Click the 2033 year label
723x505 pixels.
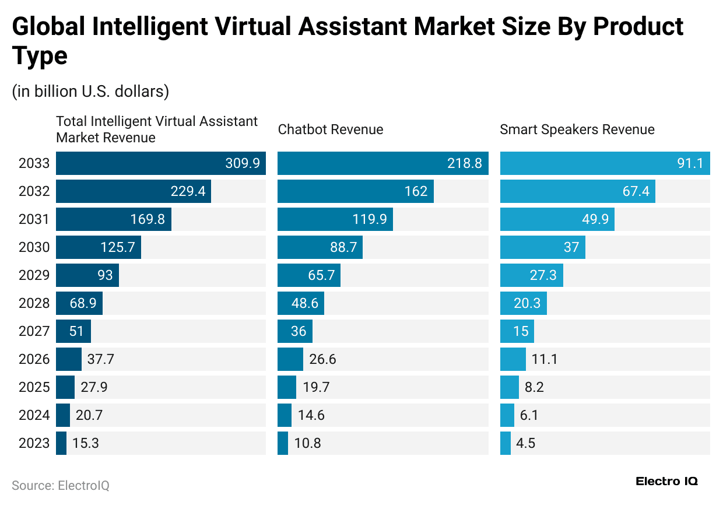(x=34, y=163)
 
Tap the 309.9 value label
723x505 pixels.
(x=243, y=163)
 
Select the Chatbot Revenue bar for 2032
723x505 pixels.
(x=355, y=191)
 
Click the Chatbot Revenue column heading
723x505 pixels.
(x=331, y=129)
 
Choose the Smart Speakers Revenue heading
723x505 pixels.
(x=577, y=129)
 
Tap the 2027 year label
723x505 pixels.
(x=34, y=331)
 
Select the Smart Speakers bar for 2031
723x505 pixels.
(x=557, y=219)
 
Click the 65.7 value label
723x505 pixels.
(x=321, y=275)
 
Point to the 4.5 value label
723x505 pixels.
(x=525, y=443)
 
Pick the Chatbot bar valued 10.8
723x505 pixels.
(x=283, y=443)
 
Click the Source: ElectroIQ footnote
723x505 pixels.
(x=61, y=485)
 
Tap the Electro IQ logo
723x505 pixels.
(x=666, y=481)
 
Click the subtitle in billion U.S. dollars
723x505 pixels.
(x=90, y=92)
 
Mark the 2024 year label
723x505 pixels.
(x=34, y=415)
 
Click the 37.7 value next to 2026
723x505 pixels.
(x=100, y=359)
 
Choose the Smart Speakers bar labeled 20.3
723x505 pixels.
(x=523, y=303)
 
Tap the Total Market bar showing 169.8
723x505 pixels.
(x=113, y=219)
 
